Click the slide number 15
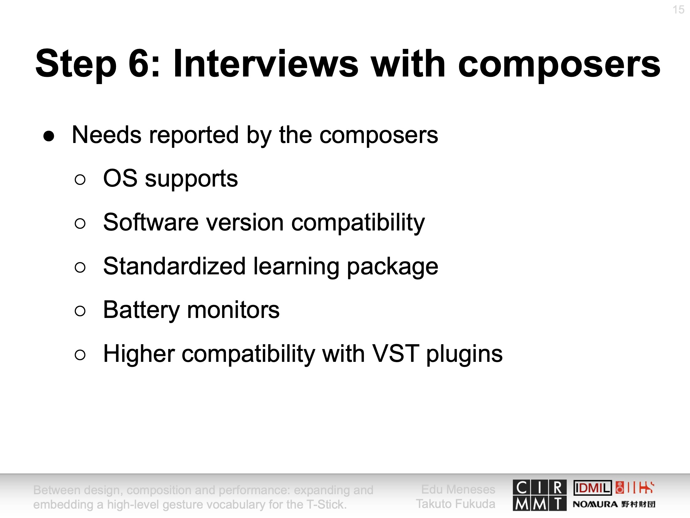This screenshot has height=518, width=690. [x=678, y=10]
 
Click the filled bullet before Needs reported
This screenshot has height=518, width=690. [x=49, y=136]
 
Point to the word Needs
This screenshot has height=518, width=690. [x=107, y=135]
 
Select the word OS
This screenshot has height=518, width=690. [x=120, y=178]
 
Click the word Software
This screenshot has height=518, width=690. [x=151, y=222]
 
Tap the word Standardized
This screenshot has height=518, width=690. [x=174, y=266]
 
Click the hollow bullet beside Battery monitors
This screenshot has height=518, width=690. [x=80, y=311]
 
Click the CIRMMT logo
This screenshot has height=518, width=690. [x=540, y=495]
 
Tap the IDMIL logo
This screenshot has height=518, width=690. [x=593, y=488]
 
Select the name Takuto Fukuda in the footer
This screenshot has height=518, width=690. [x=456, y=504]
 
